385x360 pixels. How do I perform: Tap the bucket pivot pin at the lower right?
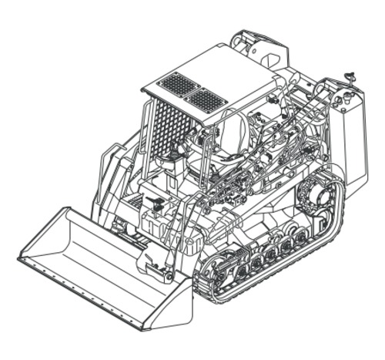point(160,269)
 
